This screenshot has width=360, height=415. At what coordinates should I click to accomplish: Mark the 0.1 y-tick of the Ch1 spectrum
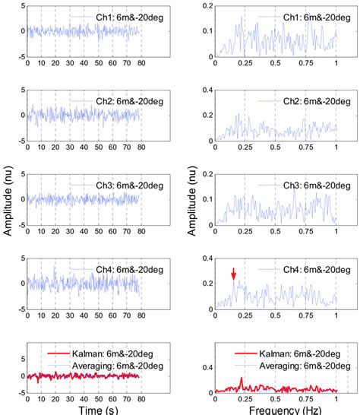204,32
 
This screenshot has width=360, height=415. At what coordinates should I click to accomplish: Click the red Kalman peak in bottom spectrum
242,379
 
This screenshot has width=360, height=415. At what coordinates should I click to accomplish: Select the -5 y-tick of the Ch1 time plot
22,57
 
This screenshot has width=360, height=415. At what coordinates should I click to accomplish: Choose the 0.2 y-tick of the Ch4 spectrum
204,281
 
